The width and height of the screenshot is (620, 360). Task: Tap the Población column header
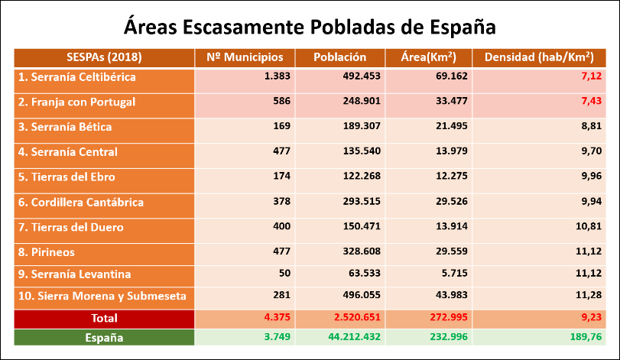(340, 57)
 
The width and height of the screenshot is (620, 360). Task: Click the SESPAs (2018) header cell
(105, 57)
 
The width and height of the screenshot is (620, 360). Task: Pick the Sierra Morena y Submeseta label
(102, 296)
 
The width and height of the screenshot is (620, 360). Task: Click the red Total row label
(104, 316)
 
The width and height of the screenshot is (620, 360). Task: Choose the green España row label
(104, 337)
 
